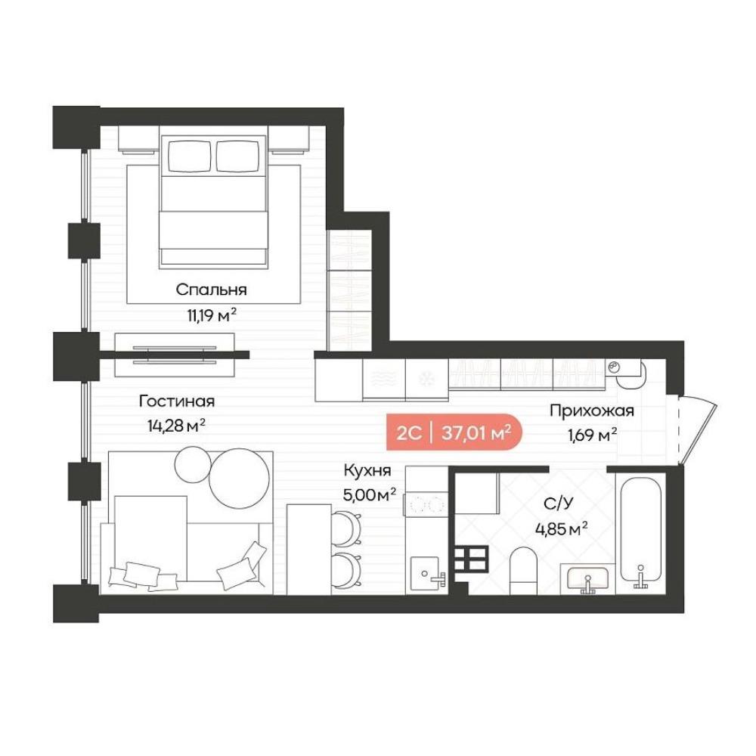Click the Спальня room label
pos(211,290)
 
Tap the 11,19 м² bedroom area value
pos(212,315)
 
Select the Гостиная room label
pos(177,401)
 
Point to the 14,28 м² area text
pos(176,425)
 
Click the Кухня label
pos(367,470)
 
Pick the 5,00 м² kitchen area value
pos(370,494)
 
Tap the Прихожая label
pos(592,411)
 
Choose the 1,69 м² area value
pos(593,435)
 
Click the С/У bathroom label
pos(559,503)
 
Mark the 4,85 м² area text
pos(561,529)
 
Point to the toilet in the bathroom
pos(523,571)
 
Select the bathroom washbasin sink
pos(587,578)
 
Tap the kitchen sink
pos(425,575)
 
